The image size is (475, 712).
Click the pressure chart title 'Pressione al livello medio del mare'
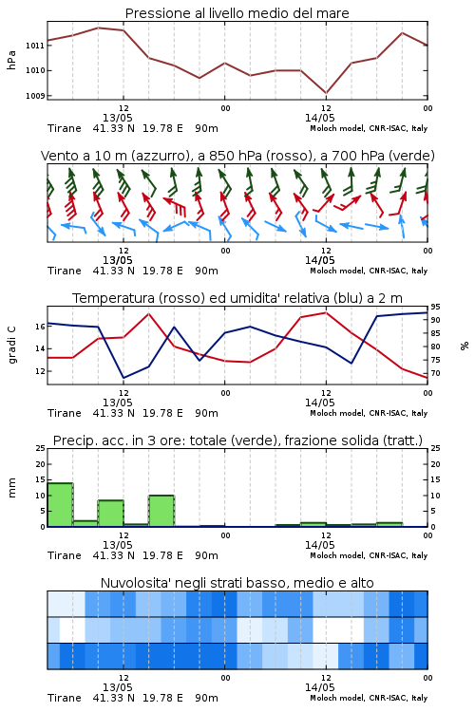(237, 13)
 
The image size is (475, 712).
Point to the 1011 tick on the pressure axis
(35, 46)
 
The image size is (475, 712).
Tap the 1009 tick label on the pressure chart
(35, 96)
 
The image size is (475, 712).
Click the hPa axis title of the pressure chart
(11, 60)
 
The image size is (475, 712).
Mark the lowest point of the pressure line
(326, 93)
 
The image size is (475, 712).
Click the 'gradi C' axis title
(11, 345)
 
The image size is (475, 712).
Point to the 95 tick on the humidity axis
(435, 307)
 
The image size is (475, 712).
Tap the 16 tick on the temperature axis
(40, 327)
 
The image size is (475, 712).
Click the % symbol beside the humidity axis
(465, 346)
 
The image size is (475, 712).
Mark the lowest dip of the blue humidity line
(123, 378)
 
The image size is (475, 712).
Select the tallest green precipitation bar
(60, 504)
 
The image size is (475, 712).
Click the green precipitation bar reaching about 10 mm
(161, 511)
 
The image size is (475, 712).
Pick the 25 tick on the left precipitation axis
(40, 448)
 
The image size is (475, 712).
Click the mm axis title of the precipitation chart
(11, 488)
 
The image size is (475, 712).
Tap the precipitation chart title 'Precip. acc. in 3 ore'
(237, 440)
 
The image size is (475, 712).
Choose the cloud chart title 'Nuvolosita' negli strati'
(237, 583)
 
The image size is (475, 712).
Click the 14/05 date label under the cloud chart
(319, 687)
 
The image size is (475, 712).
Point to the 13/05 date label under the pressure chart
(117, 118)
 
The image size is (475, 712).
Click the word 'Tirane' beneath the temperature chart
(64, 413)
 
